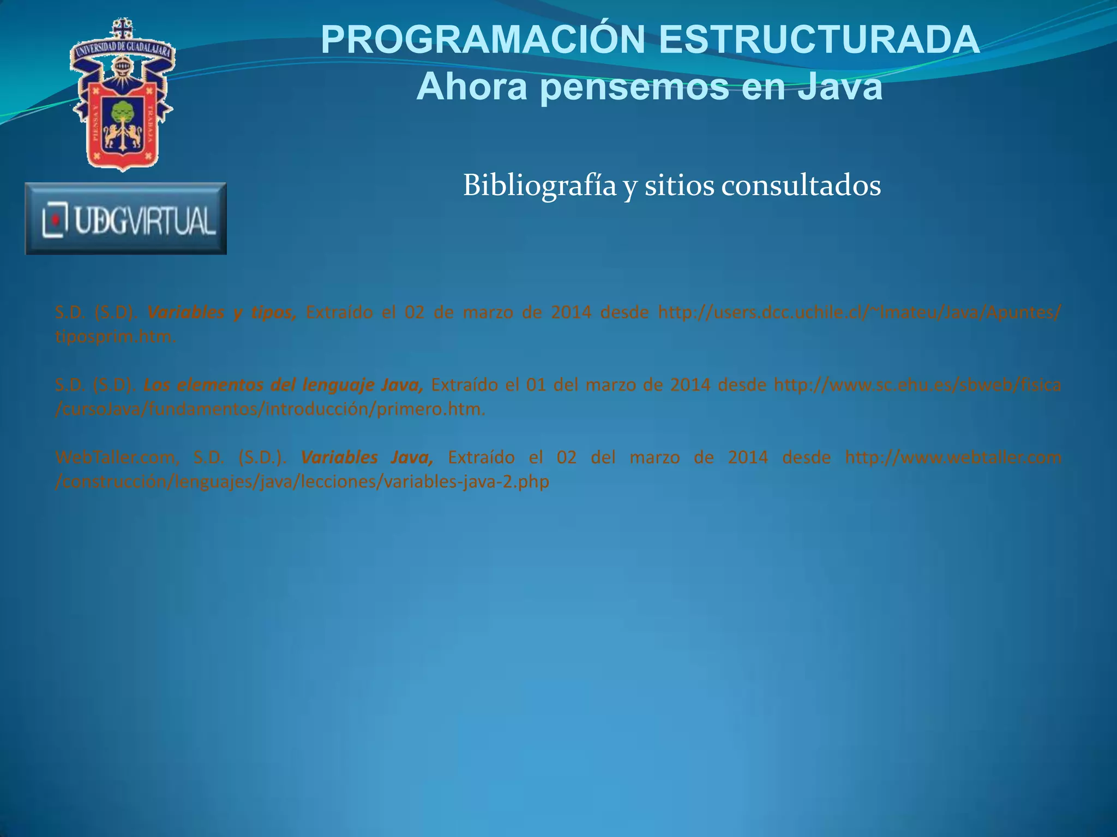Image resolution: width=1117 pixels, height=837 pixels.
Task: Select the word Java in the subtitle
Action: tap(840, 87)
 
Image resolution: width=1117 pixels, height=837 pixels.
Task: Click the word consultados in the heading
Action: tap(801, 186)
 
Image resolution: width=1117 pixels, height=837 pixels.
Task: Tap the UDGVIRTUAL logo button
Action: tap(126, 219)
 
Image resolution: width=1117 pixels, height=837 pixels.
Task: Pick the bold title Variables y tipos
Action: tap(221, 313)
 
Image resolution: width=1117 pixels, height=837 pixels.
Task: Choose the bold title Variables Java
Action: tap(367, 457)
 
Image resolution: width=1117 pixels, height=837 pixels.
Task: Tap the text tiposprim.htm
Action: tap(115, 337)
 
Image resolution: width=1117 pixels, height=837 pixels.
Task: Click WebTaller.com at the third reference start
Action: tap(117, 457)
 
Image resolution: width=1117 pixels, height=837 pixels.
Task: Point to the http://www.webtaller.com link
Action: tap(953, 457)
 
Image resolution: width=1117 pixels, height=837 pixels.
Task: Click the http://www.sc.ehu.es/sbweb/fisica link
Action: tap(917, 385)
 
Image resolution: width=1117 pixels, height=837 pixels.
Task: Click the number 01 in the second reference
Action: tap(536, 385)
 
